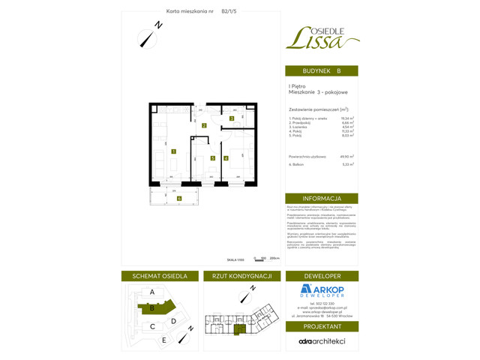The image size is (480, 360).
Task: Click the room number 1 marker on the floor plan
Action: pos(173,151)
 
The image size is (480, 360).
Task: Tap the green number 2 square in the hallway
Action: pos(203,125)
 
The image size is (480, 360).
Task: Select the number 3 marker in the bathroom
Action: pos(232,118)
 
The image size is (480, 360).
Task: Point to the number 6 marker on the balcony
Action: pos(179,198)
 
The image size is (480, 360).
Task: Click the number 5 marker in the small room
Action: pos(213,158)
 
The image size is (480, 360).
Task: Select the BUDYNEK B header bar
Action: pos(321,70)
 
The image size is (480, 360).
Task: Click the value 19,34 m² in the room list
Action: pos(347,118)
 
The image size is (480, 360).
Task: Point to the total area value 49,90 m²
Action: pos(346,157)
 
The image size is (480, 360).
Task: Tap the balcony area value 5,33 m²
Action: pos(347,164)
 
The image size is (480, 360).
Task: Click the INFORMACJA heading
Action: pos(321,199)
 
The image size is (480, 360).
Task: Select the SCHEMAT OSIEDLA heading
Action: pos(159,276)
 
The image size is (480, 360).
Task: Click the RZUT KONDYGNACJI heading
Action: pos(241,276)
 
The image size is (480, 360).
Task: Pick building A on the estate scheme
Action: pos(152,292)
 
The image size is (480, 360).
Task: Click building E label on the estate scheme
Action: pos(164,340)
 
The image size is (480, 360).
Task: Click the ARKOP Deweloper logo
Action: pos(321,291)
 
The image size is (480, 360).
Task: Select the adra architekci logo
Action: pos(321,340)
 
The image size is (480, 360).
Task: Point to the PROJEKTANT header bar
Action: pos(321,327)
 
